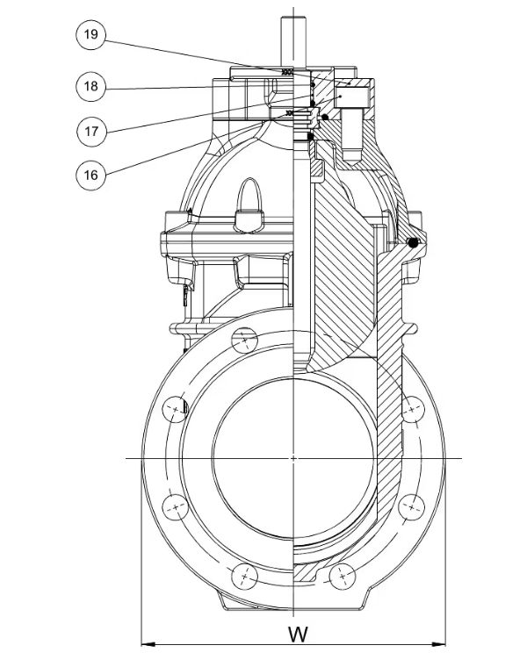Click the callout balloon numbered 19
(x=90, y=36)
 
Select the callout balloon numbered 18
(x=90, y=86)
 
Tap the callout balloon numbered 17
(x=90, y=132)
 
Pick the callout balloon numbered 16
(x=90, y=174)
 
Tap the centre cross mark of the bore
(x=292, y=458)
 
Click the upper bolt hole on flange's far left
(x=177, y=409)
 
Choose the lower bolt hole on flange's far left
(x=177, y=507)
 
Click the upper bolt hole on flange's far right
(x=410, y=408)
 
